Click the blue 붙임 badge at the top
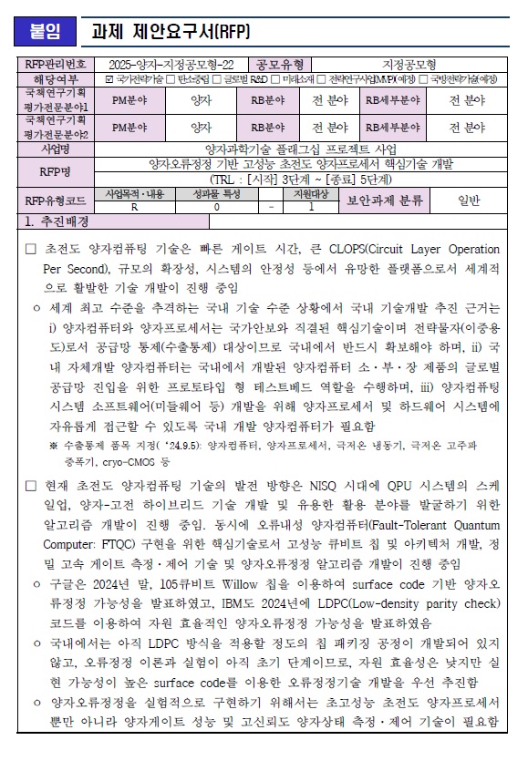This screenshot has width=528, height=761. point(46,32)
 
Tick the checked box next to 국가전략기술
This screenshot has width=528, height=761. point(110,79)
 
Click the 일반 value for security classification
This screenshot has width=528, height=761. point(468,201)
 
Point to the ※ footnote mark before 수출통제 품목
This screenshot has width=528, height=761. point(54,445)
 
